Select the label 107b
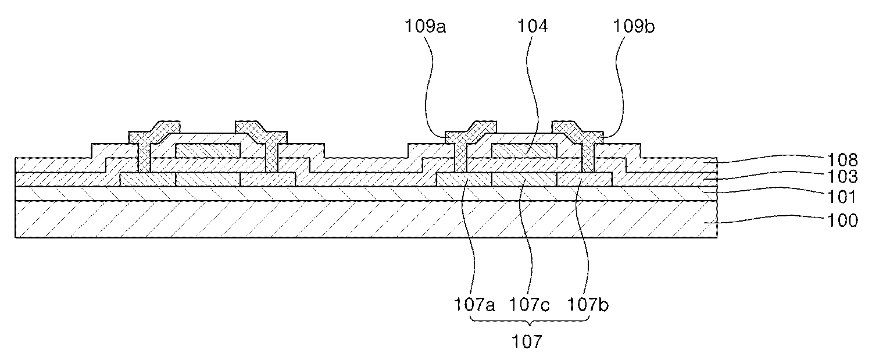[588, 304]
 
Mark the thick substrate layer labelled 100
[349, 219]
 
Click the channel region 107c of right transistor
[524, 180]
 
